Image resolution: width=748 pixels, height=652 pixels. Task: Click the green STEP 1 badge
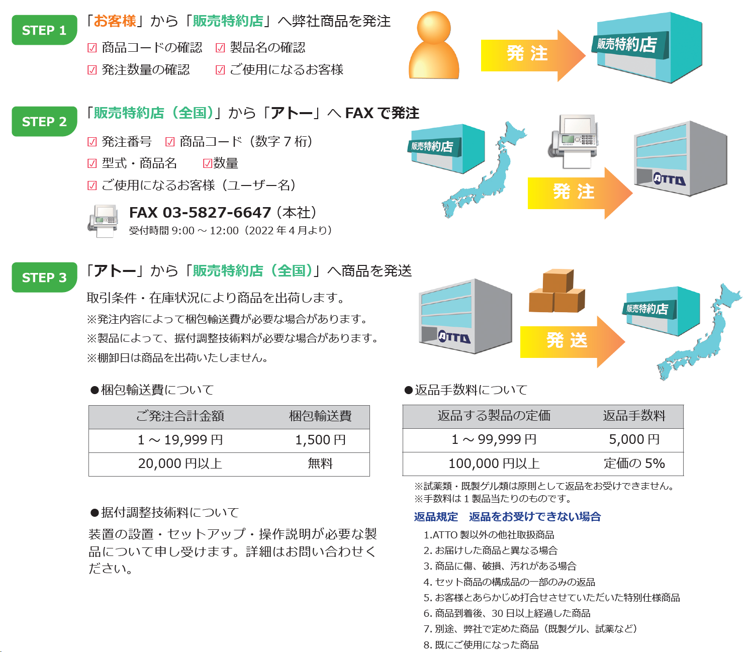[x=44, y=30]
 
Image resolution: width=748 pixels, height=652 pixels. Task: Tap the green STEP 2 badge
[x=44, y=121]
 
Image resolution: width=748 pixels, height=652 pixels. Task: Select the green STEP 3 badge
[x=44, y=277]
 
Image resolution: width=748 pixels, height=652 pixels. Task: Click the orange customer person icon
[x=434, y=45]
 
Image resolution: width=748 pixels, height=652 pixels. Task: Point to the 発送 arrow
[x=572, y=341]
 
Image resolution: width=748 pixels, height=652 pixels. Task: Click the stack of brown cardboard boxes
[x=557, y=291]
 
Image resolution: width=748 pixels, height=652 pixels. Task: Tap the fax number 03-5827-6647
[x=217, y=213]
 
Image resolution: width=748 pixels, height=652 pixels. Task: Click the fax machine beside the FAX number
[x=104, y=221]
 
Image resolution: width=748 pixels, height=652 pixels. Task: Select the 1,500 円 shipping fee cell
[x=320, y=440]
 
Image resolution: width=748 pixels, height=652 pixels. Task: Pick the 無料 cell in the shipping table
[x=320, y=463]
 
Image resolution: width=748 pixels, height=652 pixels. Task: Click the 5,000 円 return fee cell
[x=634, y=439]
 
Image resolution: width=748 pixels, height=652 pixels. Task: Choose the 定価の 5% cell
[x=634, y=463]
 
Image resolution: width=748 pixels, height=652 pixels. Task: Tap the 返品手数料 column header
[x=634, y=416]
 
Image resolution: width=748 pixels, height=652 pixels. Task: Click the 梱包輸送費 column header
[x=320, y=416]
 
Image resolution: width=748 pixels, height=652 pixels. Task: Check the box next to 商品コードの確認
[x=92, y=48]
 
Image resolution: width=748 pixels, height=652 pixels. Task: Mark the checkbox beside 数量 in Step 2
[x=207, y=163]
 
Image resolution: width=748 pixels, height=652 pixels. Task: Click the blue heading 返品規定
[x=436, y=517]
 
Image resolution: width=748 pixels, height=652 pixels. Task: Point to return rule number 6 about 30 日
[x=507, y=613]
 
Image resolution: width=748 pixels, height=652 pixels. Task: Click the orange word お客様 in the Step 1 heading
[x=115, y=21]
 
